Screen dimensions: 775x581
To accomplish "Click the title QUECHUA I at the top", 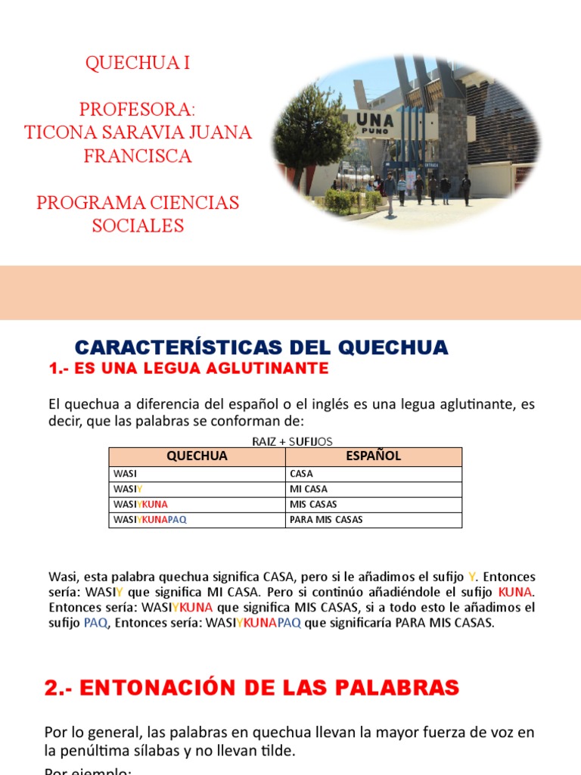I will [138, 64].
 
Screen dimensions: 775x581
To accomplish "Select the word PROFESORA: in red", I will [138, 110].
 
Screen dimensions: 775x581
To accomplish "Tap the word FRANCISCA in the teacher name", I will [138, 157].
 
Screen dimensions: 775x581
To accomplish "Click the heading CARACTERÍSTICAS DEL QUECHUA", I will [262, 348].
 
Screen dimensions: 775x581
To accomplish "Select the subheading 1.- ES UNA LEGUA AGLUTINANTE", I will [188, 369].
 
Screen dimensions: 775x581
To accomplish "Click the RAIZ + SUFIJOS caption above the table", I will [292, 441].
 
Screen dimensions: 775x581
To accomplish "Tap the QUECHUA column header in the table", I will [197, 456].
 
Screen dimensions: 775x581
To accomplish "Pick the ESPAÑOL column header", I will [373, 456].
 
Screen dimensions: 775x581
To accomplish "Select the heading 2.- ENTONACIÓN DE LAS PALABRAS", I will [252, 688].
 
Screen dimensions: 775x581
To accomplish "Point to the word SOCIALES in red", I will [138, 226].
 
